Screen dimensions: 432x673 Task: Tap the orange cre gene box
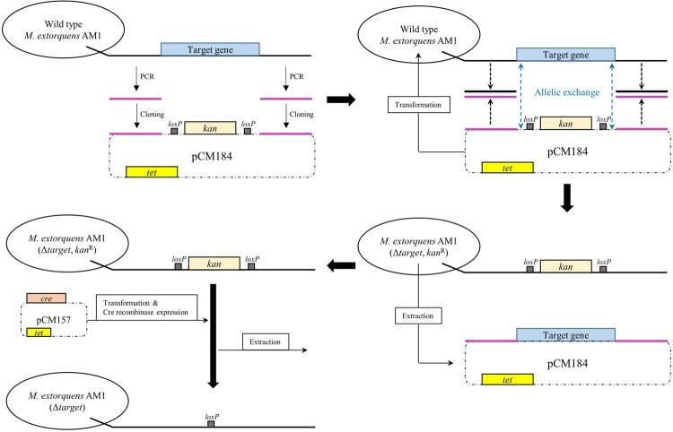click(x=45, y=297)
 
